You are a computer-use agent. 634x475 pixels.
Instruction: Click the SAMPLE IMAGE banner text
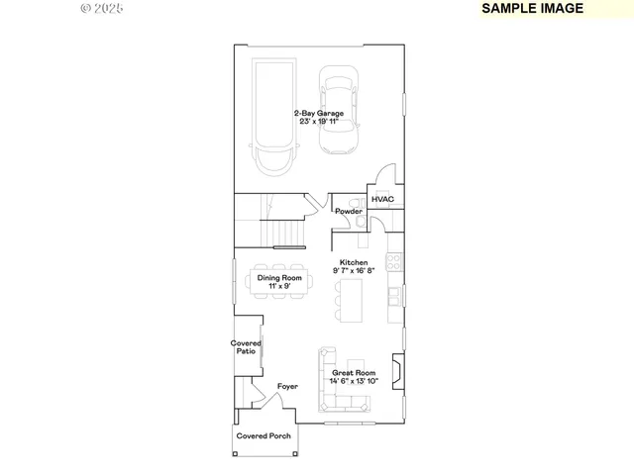point(532,8)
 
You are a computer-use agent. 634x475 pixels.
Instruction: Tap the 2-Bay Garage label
point(318,114)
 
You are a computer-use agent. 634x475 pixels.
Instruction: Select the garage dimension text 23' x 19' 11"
point(318,122)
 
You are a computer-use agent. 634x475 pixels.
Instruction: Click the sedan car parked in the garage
point(339,111)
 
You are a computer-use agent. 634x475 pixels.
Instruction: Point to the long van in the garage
point(272,117)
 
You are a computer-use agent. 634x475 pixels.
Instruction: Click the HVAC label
point(382,200)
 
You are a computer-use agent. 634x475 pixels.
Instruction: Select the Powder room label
point(348,212)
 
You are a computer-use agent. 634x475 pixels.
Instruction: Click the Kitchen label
point(354,262)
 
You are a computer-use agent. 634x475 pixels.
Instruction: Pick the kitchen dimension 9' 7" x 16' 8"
point(354,270)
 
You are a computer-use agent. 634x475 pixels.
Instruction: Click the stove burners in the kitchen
point(395,262)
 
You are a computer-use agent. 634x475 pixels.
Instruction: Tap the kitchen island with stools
point(354,299)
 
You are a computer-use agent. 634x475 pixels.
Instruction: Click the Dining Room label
point(279,278)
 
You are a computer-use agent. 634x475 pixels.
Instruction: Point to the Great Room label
point(353,373)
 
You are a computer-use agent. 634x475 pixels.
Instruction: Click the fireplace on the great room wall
point(396,373)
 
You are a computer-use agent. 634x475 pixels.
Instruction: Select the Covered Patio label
point(247,347)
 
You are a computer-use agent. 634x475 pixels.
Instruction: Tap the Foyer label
point(287,387)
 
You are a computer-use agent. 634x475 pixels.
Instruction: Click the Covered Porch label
point(264,435)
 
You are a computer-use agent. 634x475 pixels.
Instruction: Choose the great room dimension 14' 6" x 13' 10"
point(353,381)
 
